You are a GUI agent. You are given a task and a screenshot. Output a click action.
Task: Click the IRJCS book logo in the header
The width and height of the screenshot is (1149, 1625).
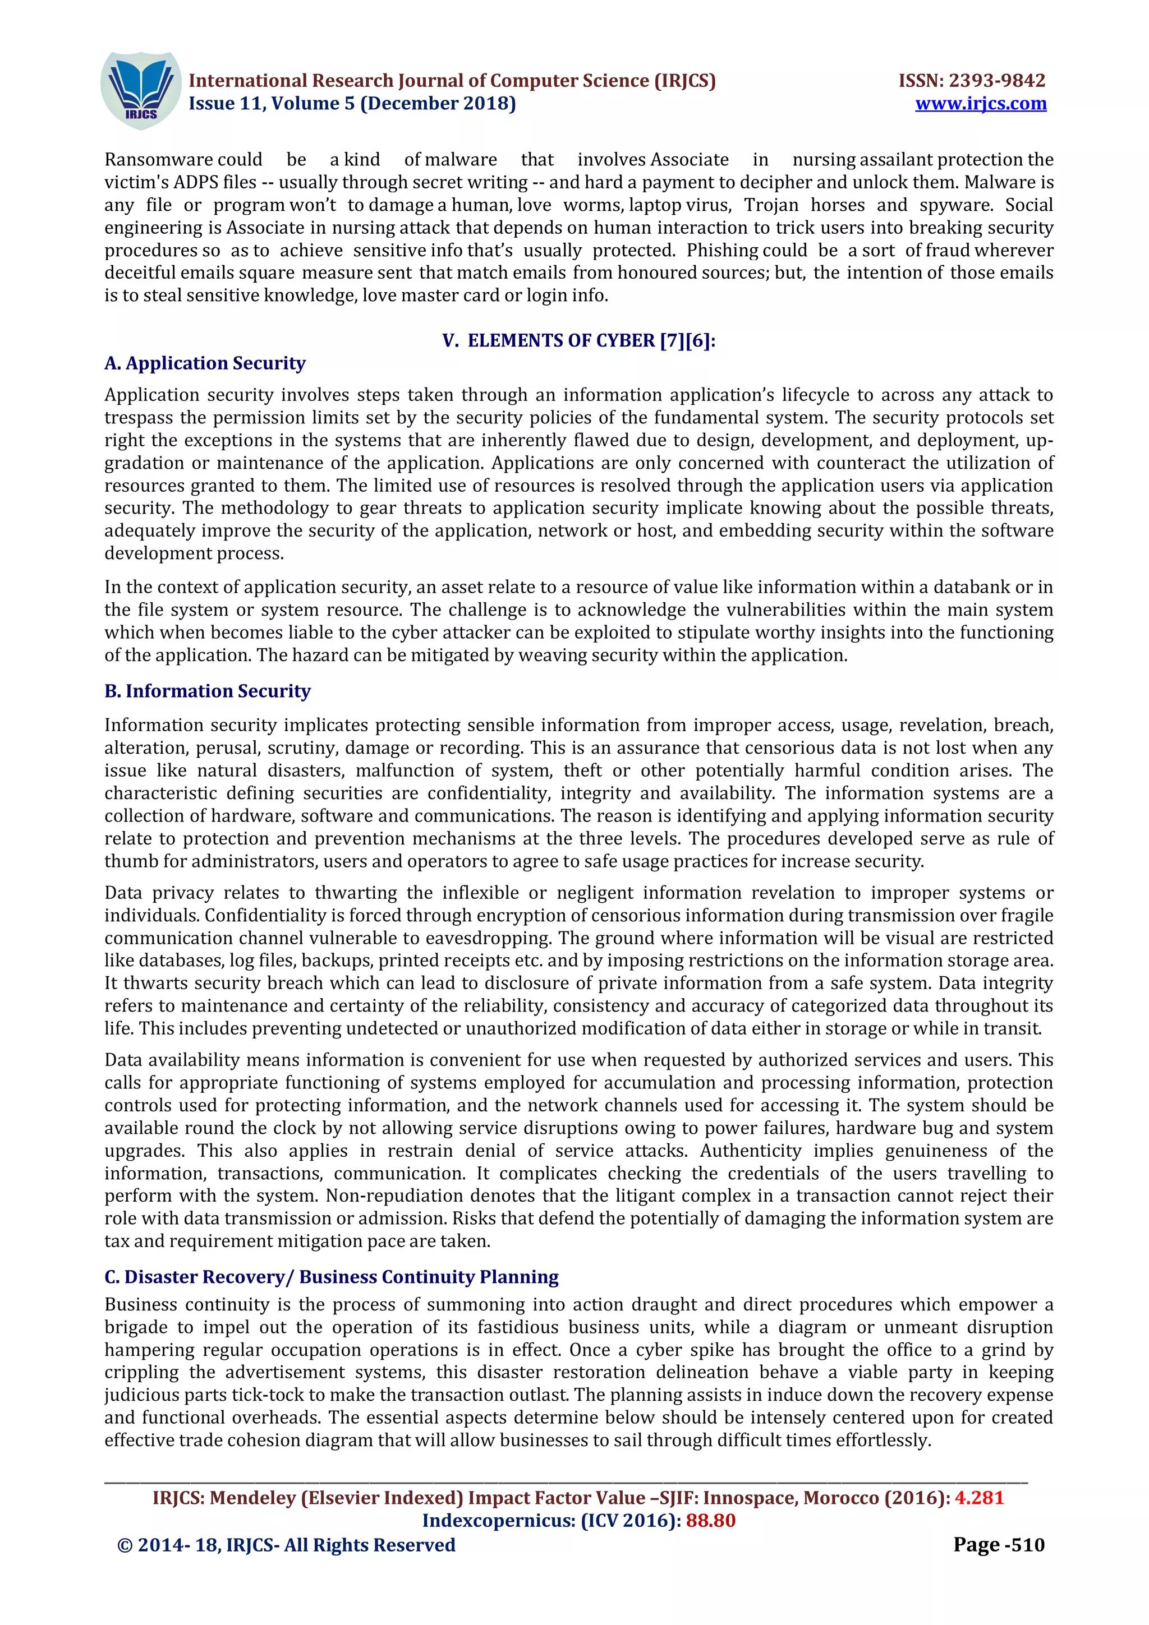point(140,91)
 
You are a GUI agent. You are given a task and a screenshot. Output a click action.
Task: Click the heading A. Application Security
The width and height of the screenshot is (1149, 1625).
point(205,363)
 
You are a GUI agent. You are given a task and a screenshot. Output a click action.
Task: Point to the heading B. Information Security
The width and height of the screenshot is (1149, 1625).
point(208,691)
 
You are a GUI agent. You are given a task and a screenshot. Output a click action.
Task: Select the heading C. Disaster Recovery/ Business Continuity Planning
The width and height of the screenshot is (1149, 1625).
point(332,1277)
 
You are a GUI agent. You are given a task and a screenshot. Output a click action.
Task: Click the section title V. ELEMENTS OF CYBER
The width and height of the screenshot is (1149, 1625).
point(578,340)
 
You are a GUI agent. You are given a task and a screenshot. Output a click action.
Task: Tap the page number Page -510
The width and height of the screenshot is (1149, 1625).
point(998,1544)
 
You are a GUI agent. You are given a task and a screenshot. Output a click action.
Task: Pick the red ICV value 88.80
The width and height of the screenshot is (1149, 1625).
point(710,1520)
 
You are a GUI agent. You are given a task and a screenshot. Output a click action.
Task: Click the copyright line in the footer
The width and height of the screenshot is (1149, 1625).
point(286,1545)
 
